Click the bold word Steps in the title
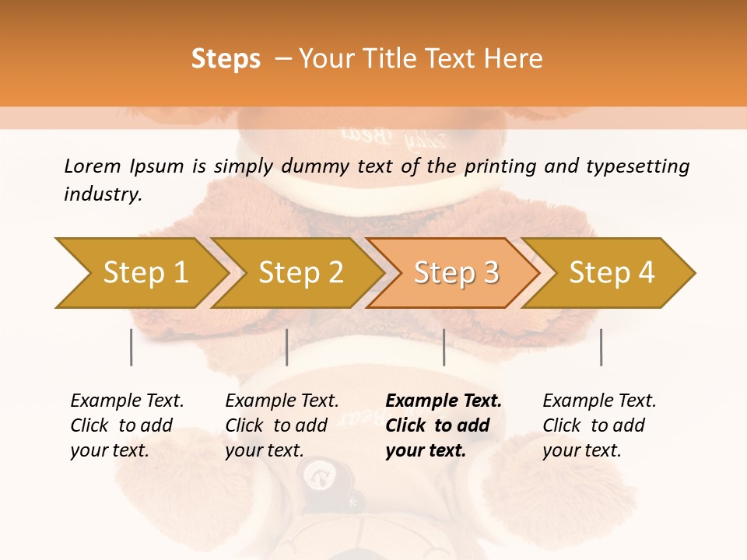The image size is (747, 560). pos(226,59)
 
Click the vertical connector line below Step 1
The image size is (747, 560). pos(132,347)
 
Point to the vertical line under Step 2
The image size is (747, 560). pos(287,347)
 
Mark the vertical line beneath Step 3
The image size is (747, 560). pos(444,347)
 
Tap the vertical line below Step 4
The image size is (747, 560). pos(601,347)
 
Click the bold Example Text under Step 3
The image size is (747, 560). pos(444,401)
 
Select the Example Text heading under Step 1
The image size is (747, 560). pos(127,401)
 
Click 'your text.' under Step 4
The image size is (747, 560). pos(581,450)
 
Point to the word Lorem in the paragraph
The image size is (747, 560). pos(92,166)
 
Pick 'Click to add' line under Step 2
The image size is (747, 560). pos(276,425)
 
